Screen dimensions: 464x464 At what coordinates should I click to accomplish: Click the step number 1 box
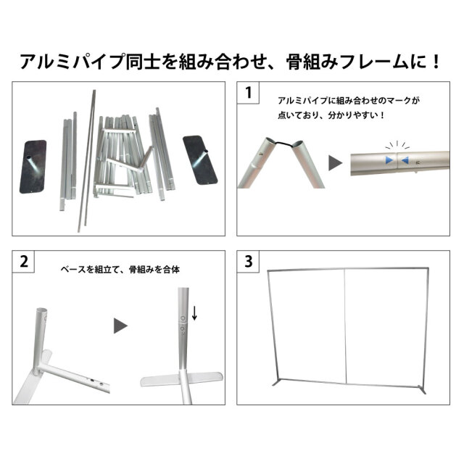tap(249, 93)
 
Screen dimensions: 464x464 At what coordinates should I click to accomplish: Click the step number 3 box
tap(249, 261)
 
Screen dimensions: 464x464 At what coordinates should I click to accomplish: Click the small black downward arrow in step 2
tap(194, 312)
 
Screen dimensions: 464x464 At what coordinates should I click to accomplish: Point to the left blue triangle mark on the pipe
tap(391, 159)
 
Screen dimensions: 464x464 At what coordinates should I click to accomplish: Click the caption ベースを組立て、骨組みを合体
tap(120, 269)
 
